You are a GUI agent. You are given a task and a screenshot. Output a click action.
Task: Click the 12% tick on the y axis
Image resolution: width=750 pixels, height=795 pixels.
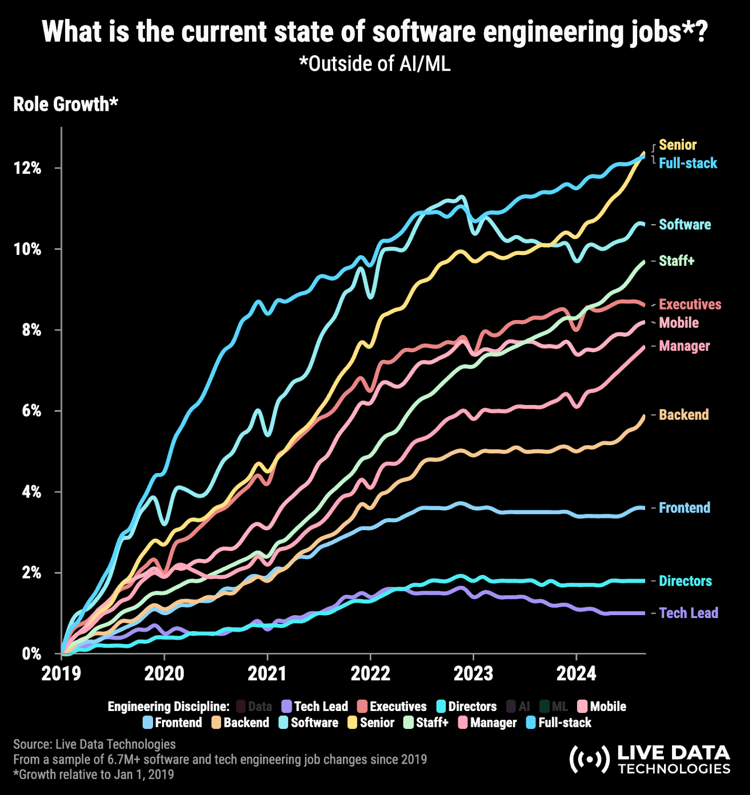[27, 168]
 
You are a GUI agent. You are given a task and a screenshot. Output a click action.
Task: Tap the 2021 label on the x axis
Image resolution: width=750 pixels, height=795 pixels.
[267, 674]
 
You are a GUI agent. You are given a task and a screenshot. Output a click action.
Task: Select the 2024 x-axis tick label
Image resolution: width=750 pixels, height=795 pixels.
[576, 674]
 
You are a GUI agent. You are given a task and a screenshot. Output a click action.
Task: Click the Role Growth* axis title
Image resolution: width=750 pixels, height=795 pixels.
[66, 104]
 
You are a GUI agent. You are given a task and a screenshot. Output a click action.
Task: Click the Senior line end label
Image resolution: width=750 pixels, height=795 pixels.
[677, 145]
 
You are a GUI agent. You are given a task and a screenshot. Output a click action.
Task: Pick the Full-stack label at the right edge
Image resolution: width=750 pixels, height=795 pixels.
[688, 163]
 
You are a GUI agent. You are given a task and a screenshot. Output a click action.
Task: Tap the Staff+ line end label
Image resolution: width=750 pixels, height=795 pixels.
[676, 261]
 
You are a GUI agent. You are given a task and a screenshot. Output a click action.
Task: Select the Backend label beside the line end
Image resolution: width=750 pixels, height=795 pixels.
[683, 415]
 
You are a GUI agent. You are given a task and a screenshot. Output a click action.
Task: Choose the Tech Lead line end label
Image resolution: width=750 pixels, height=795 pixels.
[688, 613]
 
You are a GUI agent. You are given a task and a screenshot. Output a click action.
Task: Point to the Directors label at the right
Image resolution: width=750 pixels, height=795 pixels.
[685, 581]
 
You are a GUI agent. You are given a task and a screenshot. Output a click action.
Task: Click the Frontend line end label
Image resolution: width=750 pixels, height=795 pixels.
[684, 508]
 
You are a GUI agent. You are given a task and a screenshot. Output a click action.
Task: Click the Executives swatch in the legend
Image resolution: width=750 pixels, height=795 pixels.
[362, 707]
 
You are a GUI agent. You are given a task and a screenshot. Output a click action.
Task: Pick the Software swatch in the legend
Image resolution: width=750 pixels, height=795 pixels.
[284, 722]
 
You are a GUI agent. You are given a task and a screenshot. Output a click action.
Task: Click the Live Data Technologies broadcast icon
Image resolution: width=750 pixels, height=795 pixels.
[589, 759]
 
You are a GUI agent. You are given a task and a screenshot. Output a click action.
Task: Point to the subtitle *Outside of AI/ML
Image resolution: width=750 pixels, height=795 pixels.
[375, 64]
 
